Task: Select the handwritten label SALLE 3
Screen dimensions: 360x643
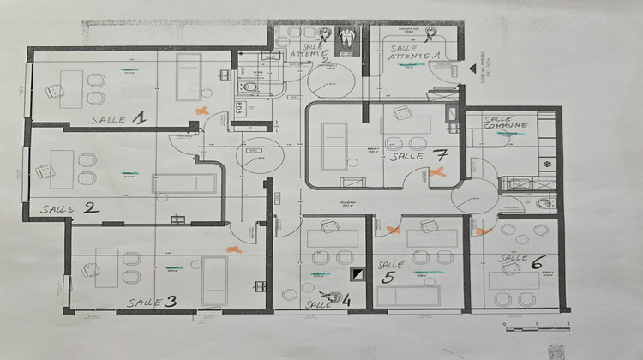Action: point(152,301)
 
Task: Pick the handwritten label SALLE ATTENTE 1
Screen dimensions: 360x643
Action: point(413,52)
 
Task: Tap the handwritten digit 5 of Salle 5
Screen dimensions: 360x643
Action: point(388,278)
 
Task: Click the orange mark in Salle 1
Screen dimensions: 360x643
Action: point(201,111)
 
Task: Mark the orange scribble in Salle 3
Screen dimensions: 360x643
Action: point(231,248)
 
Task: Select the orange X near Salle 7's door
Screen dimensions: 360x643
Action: point(438,174)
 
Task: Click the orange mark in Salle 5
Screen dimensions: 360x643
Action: point(394,230)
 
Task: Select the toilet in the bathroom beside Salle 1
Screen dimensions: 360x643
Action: point(249,86)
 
